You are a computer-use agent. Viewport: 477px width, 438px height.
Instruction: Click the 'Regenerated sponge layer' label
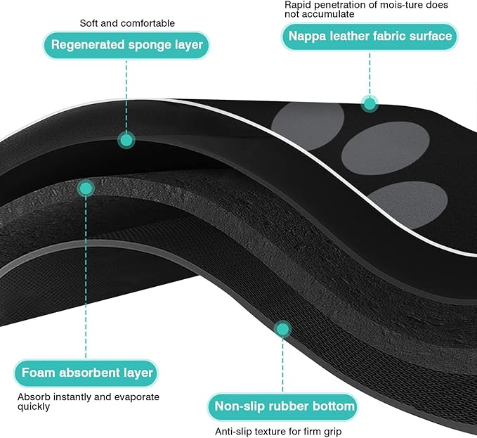tap(126, 45)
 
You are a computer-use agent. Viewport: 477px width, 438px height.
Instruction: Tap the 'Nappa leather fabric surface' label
tap(370, 37)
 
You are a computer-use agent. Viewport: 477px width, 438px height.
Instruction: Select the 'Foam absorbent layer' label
tap(86, 373)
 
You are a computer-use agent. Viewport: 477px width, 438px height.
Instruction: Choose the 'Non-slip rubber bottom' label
tap(283, 407)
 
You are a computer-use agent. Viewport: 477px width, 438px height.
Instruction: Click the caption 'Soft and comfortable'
tap(127, 23)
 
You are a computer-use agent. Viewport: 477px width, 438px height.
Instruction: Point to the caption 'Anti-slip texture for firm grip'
tap(278, 431)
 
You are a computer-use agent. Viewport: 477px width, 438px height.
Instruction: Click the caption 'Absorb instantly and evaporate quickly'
tap(89, 401)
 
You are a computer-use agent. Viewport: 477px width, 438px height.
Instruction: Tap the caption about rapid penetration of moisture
tap(366, 9)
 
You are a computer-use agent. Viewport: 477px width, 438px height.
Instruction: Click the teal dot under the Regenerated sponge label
tap(126, 141)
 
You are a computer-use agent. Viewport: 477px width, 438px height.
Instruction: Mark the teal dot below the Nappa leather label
tap(370, 104)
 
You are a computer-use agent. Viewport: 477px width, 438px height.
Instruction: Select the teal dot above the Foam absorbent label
tap(86, 188)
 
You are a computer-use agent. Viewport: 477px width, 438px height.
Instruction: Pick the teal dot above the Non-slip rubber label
tap(282, 329)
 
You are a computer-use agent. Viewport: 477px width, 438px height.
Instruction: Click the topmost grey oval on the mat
tap(308, 125)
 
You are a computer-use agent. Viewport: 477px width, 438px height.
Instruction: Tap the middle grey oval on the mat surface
tap(385, 148)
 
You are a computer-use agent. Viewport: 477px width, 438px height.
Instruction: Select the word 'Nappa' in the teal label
tap(307, 37)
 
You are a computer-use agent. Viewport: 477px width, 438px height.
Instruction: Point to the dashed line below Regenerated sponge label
tap(126, 96)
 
